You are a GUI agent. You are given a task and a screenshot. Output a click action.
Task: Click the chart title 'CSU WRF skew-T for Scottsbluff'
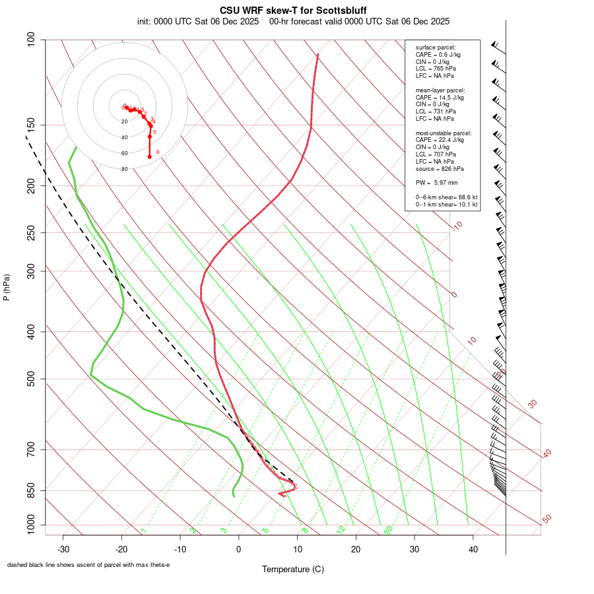point(293,11)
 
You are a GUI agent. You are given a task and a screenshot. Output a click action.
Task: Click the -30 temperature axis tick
point(63,549)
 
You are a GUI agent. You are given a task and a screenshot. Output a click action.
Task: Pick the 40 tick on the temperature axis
point(473,549)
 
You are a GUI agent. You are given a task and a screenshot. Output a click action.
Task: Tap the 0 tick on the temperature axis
point(239,549)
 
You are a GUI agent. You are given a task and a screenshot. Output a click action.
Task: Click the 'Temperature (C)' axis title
point(293,569)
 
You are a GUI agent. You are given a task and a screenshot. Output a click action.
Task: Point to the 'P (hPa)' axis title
point(7,287)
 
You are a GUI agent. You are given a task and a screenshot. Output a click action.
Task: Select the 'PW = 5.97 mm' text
point(436,183)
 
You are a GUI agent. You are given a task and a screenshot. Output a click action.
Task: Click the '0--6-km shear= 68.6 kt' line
point(446,197)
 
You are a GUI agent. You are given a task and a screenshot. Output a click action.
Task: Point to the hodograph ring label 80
point(124,169)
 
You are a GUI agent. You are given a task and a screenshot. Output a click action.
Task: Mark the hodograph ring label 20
point(124,121)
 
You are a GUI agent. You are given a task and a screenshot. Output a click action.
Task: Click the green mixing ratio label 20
point(388,529)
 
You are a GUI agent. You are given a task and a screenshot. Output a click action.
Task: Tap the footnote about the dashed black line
point(88,565)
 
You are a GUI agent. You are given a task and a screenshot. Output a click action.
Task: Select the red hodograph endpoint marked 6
point(150,156)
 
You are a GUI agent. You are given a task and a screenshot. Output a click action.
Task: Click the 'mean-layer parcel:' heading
point(440,90)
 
